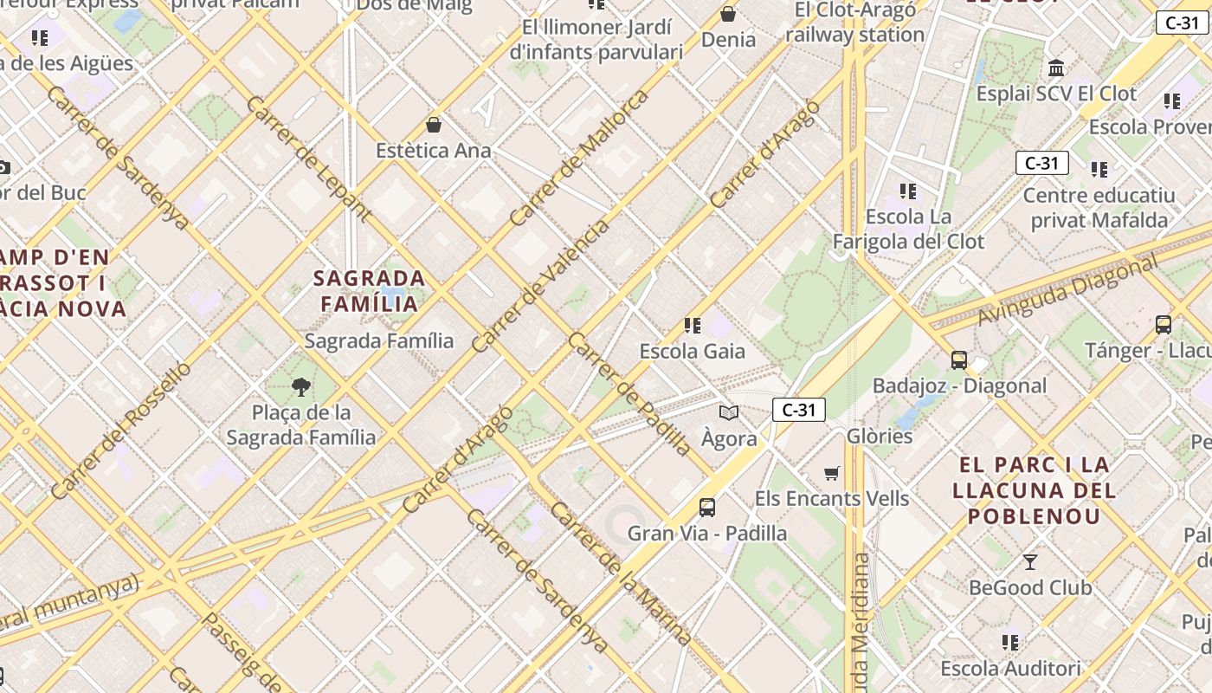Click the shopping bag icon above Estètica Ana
434,125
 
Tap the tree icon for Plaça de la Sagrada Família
301,386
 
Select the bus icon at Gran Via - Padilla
707,507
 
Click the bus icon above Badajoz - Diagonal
958,359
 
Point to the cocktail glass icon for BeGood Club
1030,562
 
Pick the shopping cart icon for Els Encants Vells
832,473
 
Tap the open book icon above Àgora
729,413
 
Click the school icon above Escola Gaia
693,326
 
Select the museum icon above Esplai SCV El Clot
1056,68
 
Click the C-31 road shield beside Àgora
798,410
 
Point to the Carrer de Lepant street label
309,159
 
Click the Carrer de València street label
540,288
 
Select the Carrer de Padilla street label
629,394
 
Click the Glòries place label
880,436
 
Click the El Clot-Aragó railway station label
854,23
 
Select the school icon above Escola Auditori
1010,643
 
